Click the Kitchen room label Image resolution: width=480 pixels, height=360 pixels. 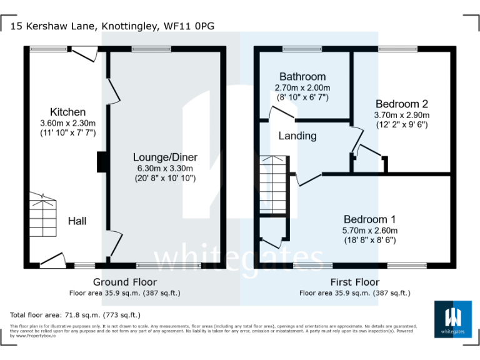[67, 112]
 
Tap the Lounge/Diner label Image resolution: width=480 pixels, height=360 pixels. [164, 157]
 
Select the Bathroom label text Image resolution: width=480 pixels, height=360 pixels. [302, 77]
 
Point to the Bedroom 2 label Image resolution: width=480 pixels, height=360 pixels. [401, 104]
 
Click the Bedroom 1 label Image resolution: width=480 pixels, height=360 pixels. [369, 219]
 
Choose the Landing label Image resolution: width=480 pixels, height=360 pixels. [297, 136]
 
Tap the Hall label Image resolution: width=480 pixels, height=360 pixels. [77, 221]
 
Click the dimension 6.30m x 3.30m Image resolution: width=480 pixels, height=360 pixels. [164, 168]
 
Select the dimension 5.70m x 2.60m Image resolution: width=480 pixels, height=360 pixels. [369, 230]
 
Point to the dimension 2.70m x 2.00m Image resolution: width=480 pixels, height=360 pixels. [302, 87]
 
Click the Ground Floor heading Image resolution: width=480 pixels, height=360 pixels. [125, 282]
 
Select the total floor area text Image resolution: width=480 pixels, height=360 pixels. [76, 315]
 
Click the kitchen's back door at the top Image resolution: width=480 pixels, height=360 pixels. [84, 55]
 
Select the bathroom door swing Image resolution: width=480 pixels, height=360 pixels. [281, 112]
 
